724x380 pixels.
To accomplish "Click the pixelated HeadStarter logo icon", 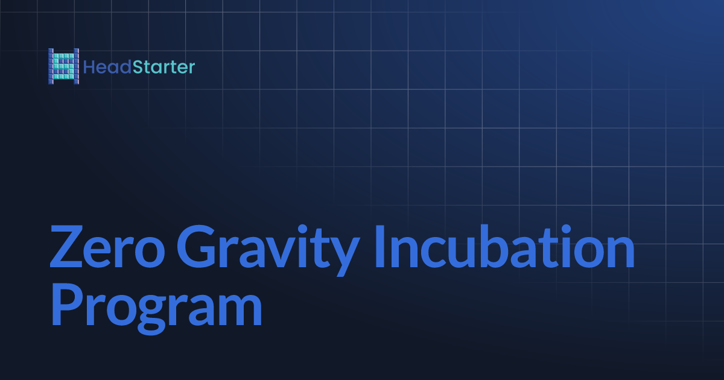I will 63,66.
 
